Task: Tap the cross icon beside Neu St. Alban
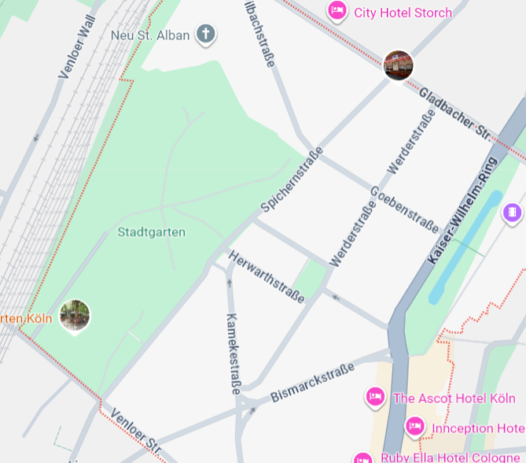click(x=206, y=34)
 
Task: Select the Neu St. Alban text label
click(x=150, y=35)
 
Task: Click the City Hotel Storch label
click(x=403, y=13)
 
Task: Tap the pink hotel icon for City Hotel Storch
click(x=337, y=11)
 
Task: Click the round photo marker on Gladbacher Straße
click(x=399, y=65)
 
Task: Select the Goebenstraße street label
click(x=404, y=209)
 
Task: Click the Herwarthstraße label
click(x=267, y=276)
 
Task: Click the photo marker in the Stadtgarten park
click(x=75, y=316)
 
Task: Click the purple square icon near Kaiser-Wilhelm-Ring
click(x=512, y=212)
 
